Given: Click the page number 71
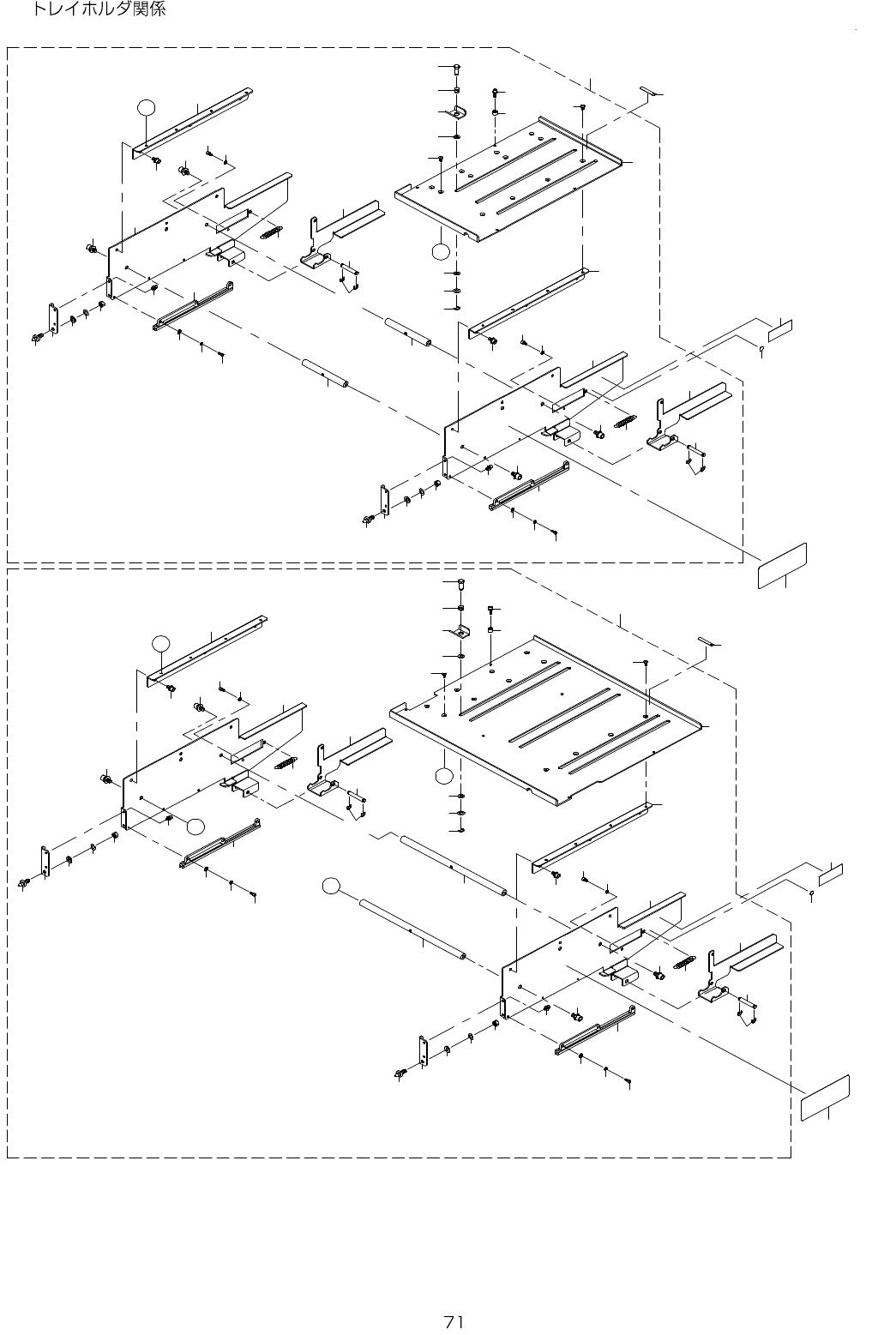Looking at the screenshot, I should pyautogui.click(x=455, y=1320).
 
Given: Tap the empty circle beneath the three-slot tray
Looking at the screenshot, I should pyautogui.click(x=439, y=251).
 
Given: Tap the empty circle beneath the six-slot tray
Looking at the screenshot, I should pyautogui.click(x=442, y=777).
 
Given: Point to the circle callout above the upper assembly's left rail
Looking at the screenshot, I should pyautogui.click(x=147, y=106).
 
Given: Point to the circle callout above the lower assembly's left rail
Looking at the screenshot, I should pyautogui.click(x=160, y=642).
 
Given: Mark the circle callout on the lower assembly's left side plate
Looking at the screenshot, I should pyautogui.click(x=196, y=826).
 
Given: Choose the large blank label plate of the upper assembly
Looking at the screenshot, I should pyautogui.click(x=783, y=565).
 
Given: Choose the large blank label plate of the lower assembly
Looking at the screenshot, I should pyautogui.click(x=825, y=1097).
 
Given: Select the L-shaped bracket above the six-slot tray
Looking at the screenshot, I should pyautogui.click(x=461, y=632).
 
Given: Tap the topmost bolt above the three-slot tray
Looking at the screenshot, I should pyautogui.click(x=456, y=68).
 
